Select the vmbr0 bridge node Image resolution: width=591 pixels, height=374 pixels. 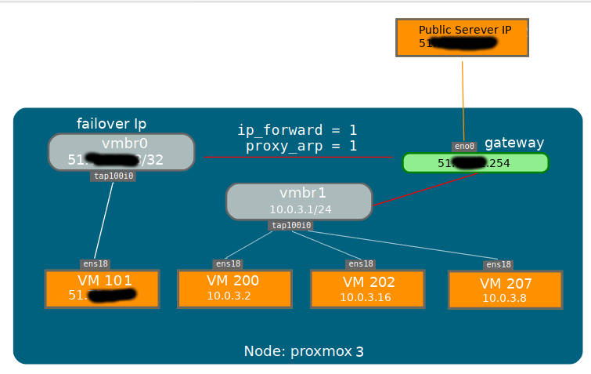pos(121,151)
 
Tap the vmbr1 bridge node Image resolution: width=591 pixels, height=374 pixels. pos(299,202)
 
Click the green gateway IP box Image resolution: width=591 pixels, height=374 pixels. pos(475,163)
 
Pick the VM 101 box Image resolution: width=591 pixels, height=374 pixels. pos(102,289)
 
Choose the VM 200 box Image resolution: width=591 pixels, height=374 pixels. pos(234,289)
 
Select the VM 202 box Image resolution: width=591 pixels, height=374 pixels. pos(367,289)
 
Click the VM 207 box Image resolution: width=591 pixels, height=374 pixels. pos(505,290)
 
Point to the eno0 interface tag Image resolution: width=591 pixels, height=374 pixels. pos(464,147)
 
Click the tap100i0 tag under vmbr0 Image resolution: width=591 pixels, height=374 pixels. pos(114,176)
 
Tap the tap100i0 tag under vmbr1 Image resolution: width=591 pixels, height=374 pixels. pos(291,226)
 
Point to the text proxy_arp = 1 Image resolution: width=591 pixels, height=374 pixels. pos(301,146)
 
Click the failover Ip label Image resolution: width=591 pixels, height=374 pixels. pos(111,124)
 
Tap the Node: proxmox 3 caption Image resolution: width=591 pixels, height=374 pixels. pos(304,351)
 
